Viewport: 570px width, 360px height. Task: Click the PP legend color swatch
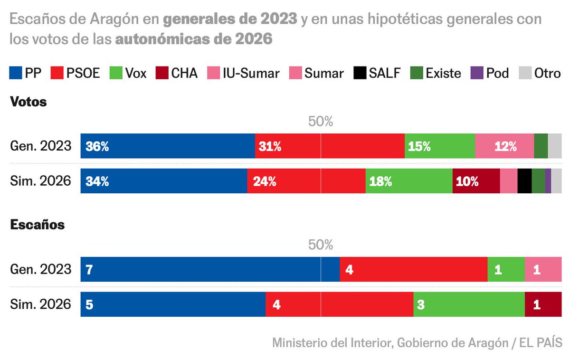coord(16,73)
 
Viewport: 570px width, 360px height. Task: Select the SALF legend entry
coord(377,73)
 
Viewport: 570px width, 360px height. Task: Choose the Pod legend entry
coord(490,73)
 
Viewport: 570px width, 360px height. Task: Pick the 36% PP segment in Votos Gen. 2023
coord(168,146)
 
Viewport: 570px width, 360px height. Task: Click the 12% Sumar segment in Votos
coord(504,146)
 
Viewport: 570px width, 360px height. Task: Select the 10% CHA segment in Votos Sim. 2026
coord(476,181)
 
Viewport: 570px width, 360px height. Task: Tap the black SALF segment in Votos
coord(524,181)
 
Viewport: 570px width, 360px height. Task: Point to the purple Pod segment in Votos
coord(548,181)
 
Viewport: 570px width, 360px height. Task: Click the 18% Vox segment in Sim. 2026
coord(408,181)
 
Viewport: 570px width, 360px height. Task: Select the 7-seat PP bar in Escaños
coord(209,269)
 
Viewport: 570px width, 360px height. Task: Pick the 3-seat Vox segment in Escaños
coord(469,304)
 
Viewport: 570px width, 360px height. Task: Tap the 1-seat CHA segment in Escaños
coord(543,304)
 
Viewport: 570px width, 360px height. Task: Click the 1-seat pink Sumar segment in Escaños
coord(543,269)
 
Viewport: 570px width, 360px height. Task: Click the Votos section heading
coord(28,102)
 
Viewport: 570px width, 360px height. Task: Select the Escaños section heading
coord(37,225)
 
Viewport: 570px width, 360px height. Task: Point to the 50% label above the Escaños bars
coord(321,245)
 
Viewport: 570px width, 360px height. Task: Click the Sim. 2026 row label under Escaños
coord(40,304)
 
